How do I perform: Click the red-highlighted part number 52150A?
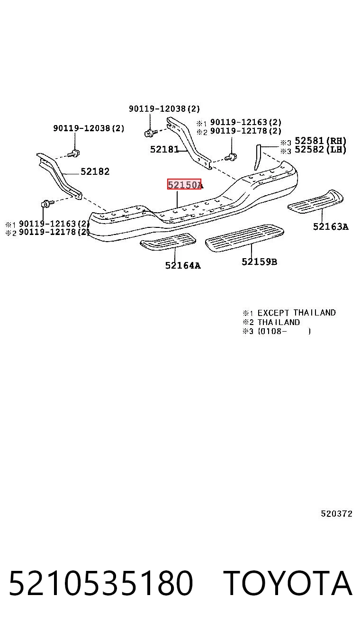[x=185, y=184]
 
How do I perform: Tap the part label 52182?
[x=95, y=171]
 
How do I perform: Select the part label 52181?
[x=164, y=149]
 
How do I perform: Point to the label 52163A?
[x=331, y=226]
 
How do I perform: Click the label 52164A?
[x=183, y=265]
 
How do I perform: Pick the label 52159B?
[x=259, y=262]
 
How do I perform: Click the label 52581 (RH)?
[x=321, y=141]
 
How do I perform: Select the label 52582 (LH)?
[x=321, y=149]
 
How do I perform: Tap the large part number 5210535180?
[x=101, y=583]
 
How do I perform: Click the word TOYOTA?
[x=288, y=583]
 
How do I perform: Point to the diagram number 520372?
[x=336, y=514]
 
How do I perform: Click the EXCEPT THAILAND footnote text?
[x=297, y=313]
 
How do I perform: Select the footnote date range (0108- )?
[x=284, y=331]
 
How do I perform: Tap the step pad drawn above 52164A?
[x=168, y=242]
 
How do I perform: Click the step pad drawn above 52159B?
[x=244, y=237]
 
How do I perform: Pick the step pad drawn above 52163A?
[x=315, y=201]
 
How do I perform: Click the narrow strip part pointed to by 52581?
[x=257, y=157]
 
